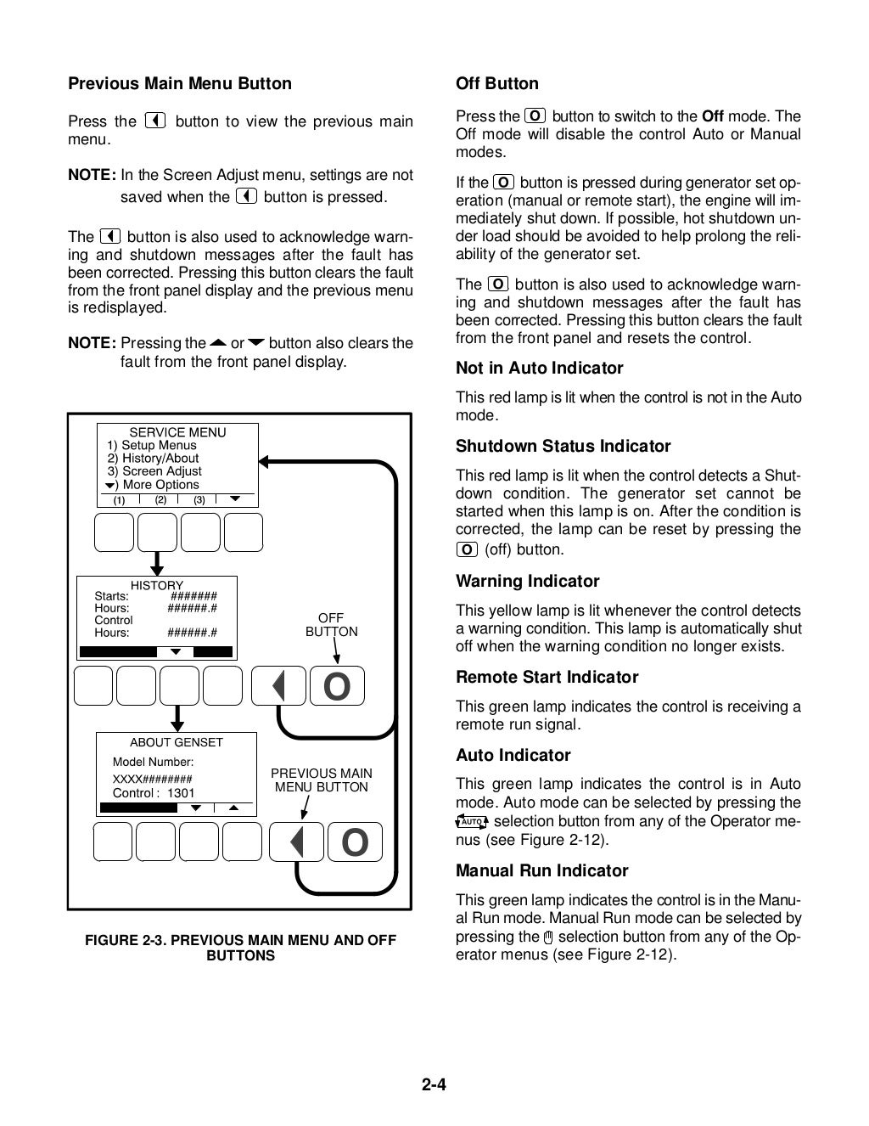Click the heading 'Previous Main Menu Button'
[179, 84]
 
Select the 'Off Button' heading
[497, 84]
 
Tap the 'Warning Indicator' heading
[527, 582]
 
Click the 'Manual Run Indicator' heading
[541, 871]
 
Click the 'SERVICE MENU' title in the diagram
[177, 432]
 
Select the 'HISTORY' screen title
[156, 585]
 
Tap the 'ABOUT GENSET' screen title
[176, 742]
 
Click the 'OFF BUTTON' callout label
[331, 625]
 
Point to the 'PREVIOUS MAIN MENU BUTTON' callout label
[321, 780]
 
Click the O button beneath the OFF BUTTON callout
[337, 687]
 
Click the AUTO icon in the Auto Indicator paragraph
[472, 822]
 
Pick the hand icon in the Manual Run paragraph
[548, 937]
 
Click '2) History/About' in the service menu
[153, 459]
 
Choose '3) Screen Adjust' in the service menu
[154, 471]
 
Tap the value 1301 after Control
[181, 793]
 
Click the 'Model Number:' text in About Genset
[153, 763]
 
